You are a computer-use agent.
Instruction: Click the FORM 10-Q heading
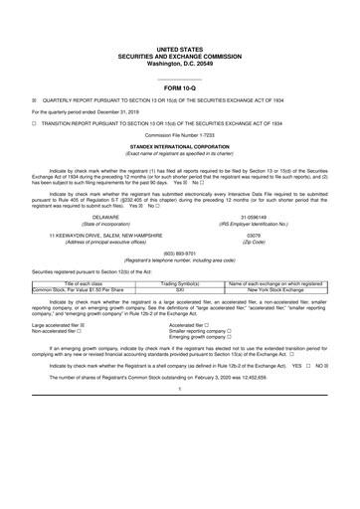coord(179,86)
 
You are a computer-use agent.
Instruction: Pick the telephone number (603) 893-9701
coord(179,254)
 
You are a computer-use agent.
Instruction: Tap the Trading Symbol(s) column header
coord(180,282)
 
